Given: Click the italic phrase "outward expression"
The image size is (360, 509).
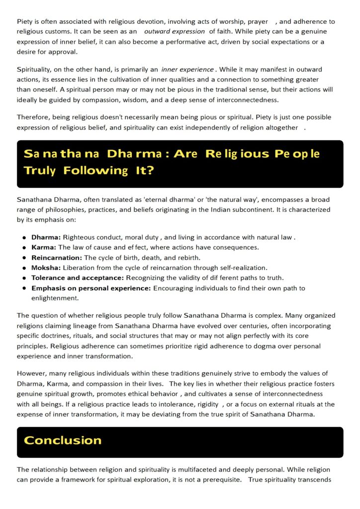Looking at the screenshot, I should (x=174, y=31).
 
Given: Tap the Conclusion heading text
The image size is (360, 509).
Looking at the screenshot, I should (x=63, y=440).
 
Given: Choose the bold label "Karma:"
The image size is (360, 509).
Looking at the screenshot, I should (x=44, y=248).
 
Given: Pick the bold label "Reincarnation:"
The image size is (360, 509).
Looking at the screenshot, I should (x=57, y=257).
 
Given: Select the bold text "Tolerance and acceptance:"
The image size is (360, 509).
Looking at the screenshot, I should (x=78, y=278).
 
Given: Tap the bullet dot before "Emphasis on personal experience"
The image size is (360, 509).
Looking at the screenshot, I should (x=24, y=288).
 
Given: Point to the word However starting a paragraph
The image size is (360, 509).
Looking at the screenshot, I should (x=33, y=373).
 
